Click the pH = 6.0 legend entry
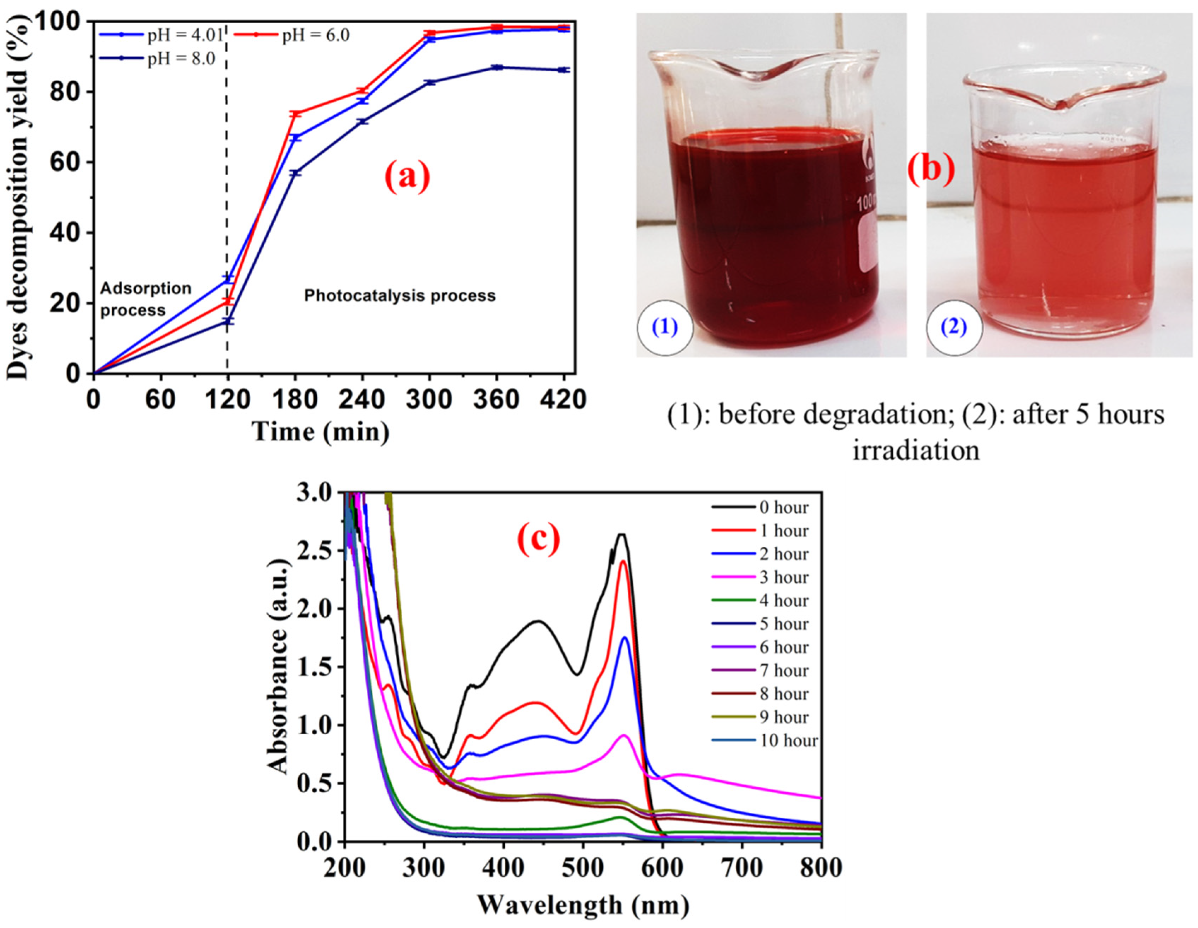[x=292, y=35]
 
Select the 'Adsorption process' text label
[x=146, y=299]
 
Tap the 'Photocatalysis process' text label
[x=400, y=296]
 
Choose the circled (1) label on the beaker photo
[x=665, y=328]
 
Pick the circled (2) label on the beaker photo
[x=954, y=328]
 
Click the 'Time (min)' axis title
[x=321, y=431]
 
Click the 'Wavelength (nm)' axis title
[x=583, y=903]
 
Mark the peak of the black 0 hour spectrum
[x=622, y=534]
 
